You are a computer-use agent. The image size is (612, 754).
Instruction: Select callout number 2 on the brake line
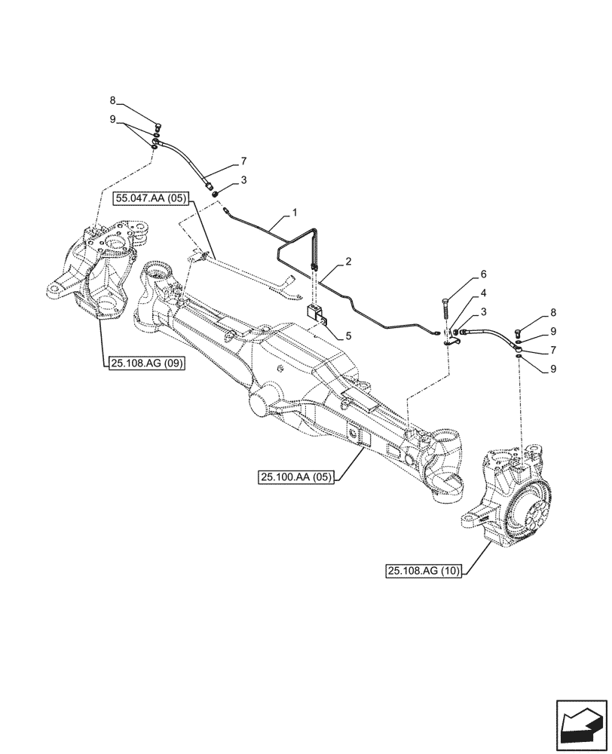click(348, 262)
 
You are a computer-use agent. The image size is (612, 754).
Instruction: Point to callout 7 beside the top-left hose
click(243, 161)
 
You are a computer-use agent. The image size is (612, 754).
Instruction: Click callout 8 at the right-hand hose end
click(555, 311)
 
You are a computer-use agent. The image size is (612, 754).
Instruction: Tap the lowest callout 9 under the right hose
click(555, 369)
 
